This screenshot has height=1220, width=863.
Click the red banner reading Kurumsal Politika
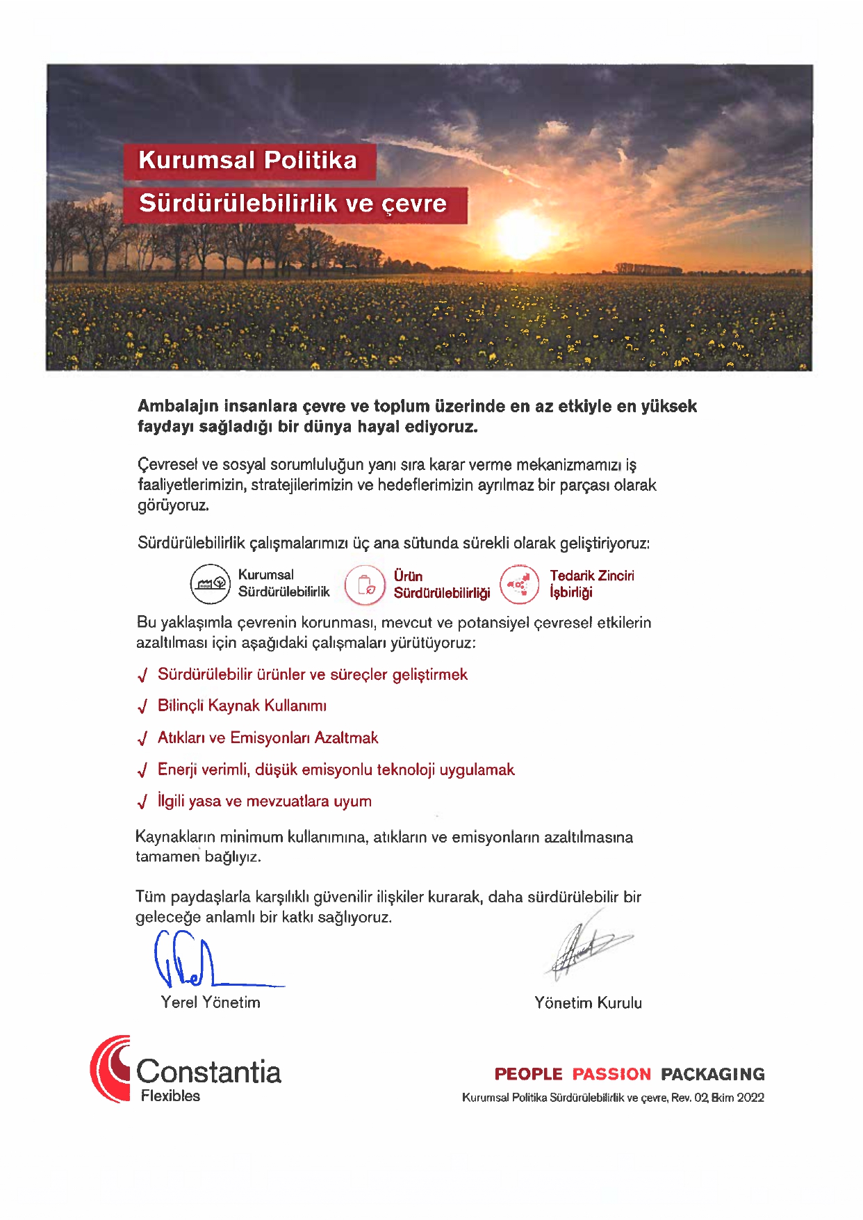click(249, 161)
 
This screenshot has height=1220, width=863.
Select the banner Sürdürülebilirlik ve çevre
click(294, 204)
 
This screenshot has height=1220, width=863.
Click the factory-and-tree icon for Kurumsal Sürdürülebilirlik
click(210, 584)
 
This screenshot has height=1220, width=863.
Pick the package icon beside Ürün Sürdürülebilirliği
click(365, 584)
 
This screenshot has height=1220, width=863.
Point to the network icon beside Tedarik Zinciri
click(519, 584)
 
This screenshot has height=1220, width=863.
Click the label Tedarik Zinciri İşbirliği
click(591, 584)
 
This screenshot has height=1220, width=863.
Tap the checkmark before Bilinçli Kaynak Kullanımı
click(142, 707)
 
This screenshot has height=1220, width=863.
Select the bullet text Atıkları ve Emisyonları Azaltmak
click(268, 738)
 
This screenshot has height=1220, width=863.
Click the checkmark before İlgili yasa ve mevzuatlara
click(142, 802)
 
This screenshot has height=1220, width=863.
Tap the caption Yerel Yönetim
click(211, 1002)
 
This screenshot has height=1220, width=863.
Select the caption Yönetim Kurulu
click(588, 1003)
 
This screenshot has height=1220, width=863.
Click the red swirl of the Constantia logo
click(110, 1068)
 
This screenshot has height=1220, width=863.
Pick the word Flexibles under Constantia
click(170, 1096)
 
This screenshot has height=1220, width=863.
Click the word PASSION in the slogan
click(611, 1074)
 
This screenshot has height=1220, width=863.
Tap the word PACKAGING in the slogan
click(712, 1074)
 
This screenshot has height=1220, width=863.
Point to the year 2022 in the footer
click(750, 1098)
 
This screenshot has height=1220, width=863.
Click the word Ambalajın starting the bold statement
click(178, 407)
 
